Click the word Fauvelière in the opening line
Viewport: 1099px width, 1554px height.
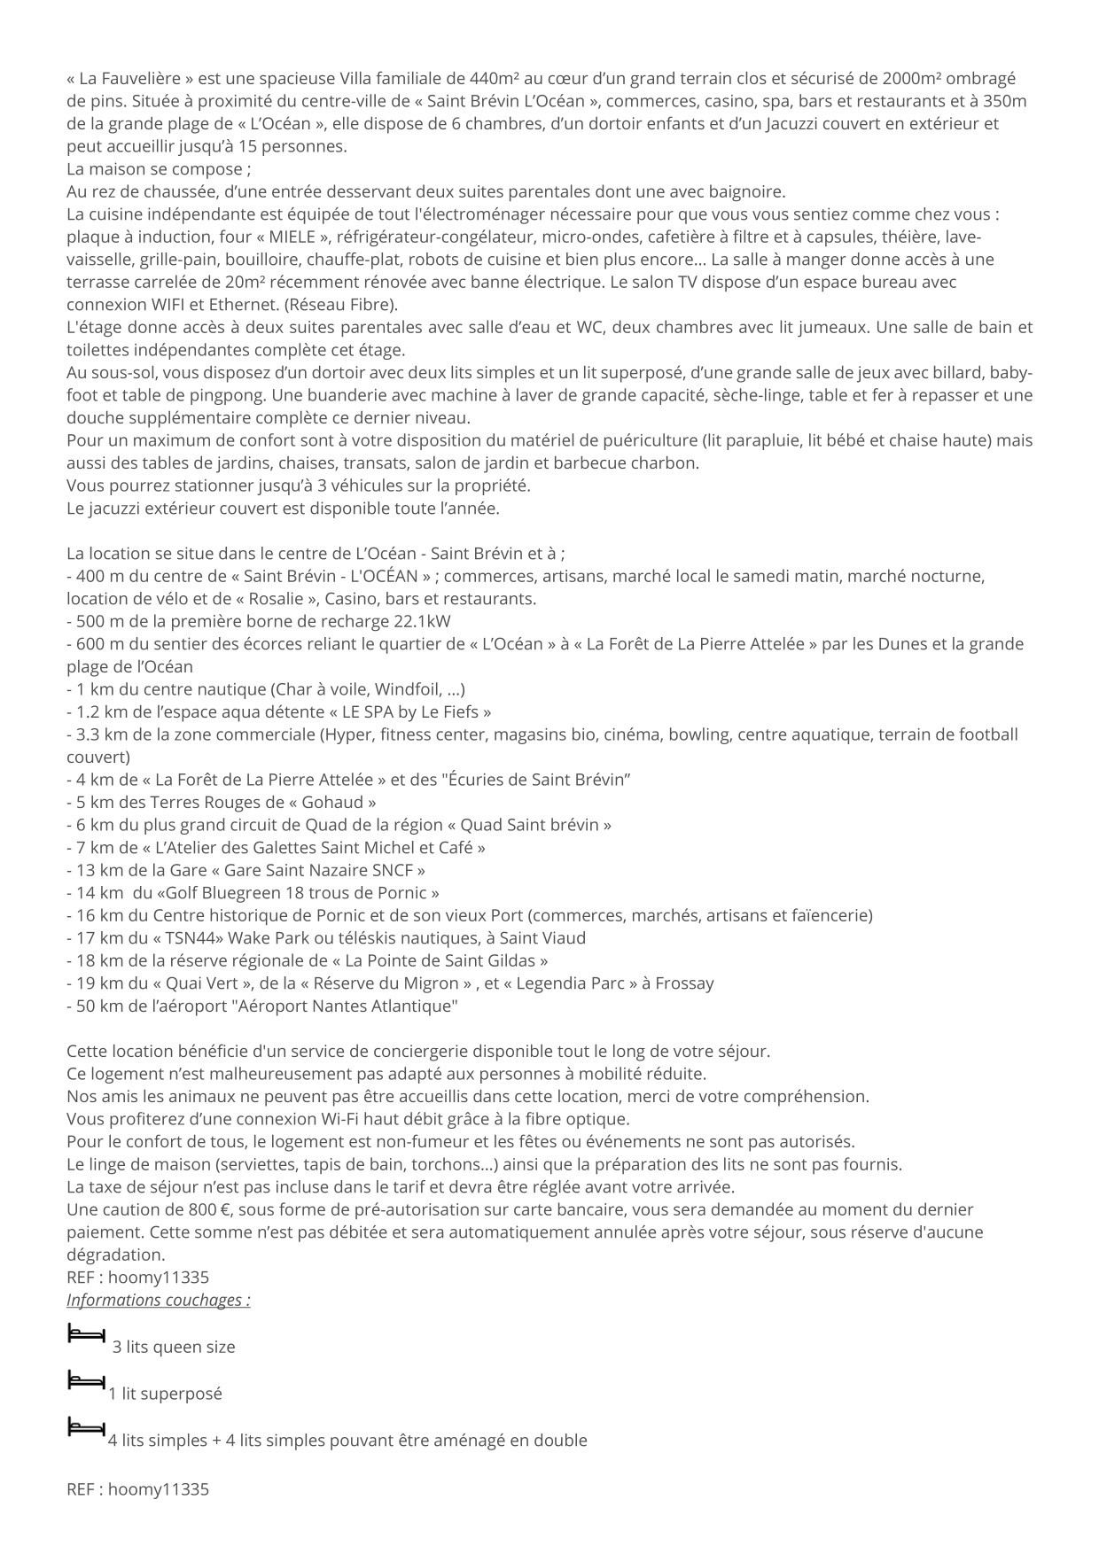129,78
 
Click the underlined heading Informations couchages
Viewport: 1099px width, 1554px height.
158,1301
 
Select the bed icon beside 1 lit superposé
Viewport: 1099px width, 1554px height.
86,1380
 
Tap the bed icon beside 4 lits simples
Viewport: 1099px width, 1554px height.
86,1426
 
